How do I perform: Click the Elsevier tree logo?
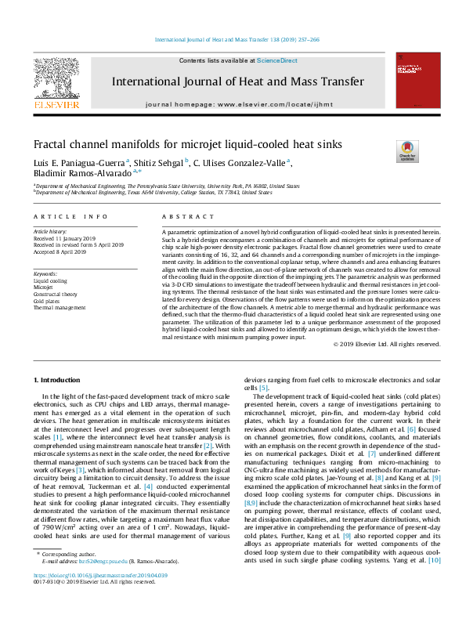56,80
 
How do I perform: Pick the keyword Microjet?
43,287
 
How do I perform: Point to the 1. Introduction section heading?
60,380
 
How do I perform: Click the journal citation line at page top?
233,38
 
